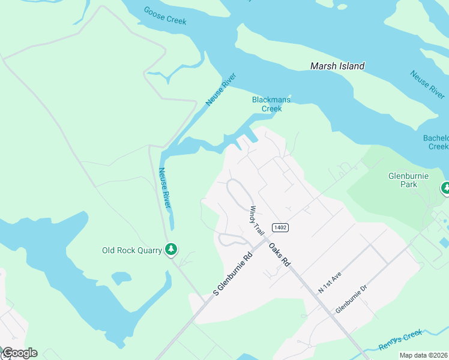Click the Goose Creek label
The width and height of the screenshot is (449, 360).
coord(165,16)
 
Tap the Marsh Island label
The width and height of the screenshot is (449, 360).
coord(337,66)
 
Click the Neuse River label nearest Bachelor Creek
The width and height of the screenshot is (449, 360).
coord(427,85)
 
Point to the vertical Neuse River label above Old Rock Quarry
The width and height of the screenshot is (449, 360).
coord(164,188)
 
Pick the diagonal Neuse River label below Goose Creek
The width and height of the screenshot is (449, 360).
coord(221,89)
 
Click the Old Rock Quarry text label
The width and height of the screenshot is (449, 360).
coord(132,250)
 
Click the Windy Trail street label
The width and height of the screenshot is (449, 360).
coord(257,221)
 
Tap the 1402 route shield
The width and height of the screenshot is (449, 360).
coord(279,227)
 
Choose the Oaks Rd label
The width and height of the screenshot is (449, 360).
coord(280,254)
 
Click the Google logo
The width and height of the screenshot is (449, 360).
coord(19,353)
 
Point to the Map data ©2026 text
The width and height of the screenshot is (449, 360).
coord(424,355)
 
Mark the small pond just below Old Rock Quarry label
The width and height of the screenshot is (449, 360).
coord(121,278)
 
